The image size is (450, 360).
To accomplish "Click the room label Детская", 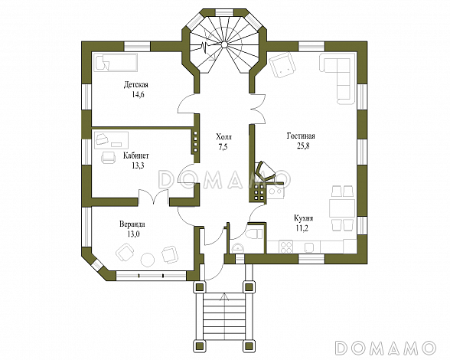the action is click(x=136, y=85).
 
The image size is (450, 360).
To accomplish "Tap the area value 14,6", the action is click(x=138, y=95).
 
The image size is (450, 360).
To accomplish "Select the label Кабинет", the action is click(x=136, y=156).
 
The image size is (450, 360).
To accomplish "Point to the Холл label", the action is click(x=223, y=136).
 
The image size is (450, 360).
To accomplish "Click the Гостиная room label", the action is click(x=301, y=136).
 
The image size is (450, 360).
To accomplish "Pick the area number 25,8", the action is click(x=303, y=146).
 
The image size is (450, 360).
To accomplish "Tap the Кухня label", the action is click(x=303, y=218).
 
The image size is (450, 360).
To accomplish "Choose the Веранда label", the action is click(x=132, y=224).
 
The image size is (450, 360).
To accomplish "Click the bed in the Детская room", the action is click(x=116, y=62).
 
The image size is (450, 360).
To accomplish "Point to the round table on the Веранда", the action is click(x=148, y=260).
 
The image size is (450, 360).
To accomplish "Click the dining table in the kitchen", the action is click(x=342, y=208).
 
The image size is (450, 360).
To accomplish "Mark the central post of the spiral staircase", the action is click(x=224, y=44).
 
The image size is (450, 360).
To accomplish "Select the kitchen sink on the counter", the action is click(x=308, y=247).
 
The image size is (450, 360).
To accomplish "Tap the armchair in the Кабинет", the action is click(x=109, y=158).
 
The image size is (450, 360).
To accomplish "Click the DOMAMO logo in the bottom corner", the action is click(x=386, y=347).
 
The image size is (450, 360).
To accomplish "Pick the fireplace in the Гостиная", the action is click(x=266, y=173).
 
